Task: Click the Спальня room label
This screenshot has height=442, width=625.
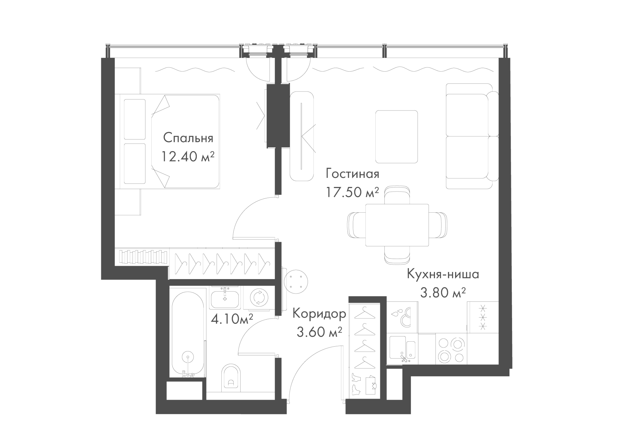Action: click(x=188, y=138)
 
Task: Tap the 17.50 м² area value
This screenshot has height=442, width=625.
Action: click(x=353, y=192)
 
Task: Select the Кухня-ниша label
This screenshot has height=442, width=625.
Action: click(x=443, y=274)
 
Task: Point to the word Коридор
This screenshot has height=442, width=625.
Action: click(x=319, y=314)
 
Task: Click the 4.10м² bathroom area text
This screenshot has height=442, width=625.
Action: click(x=232, y=319)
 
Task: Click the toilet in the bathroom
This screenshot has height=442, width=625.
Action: click(x=231, y=378)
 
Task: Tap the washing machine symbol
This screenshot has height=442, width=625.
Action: click(x=259, y=298)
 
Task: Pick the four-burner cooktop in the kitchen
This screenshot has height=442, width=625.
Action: click(x=451, y=350)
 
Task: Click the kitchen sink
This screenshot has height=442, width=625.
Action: click(x=402, y=349)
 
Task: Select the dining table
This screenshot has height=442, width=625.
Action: click(x=397, y=225)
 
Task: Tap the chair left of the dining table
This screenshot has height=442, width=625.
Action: click(x=357, y=225)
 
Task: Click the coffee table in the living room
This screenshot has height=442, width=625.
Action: click(x=396, y=137)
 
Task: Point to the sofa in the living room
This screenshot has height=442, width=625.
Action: click(x=472, y=136)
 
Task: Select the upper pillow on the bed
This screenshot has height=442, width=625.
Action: click(x=134, y=120)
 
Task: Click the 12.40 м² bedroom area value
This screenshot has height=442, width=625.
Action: click(x=188, y=157)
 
